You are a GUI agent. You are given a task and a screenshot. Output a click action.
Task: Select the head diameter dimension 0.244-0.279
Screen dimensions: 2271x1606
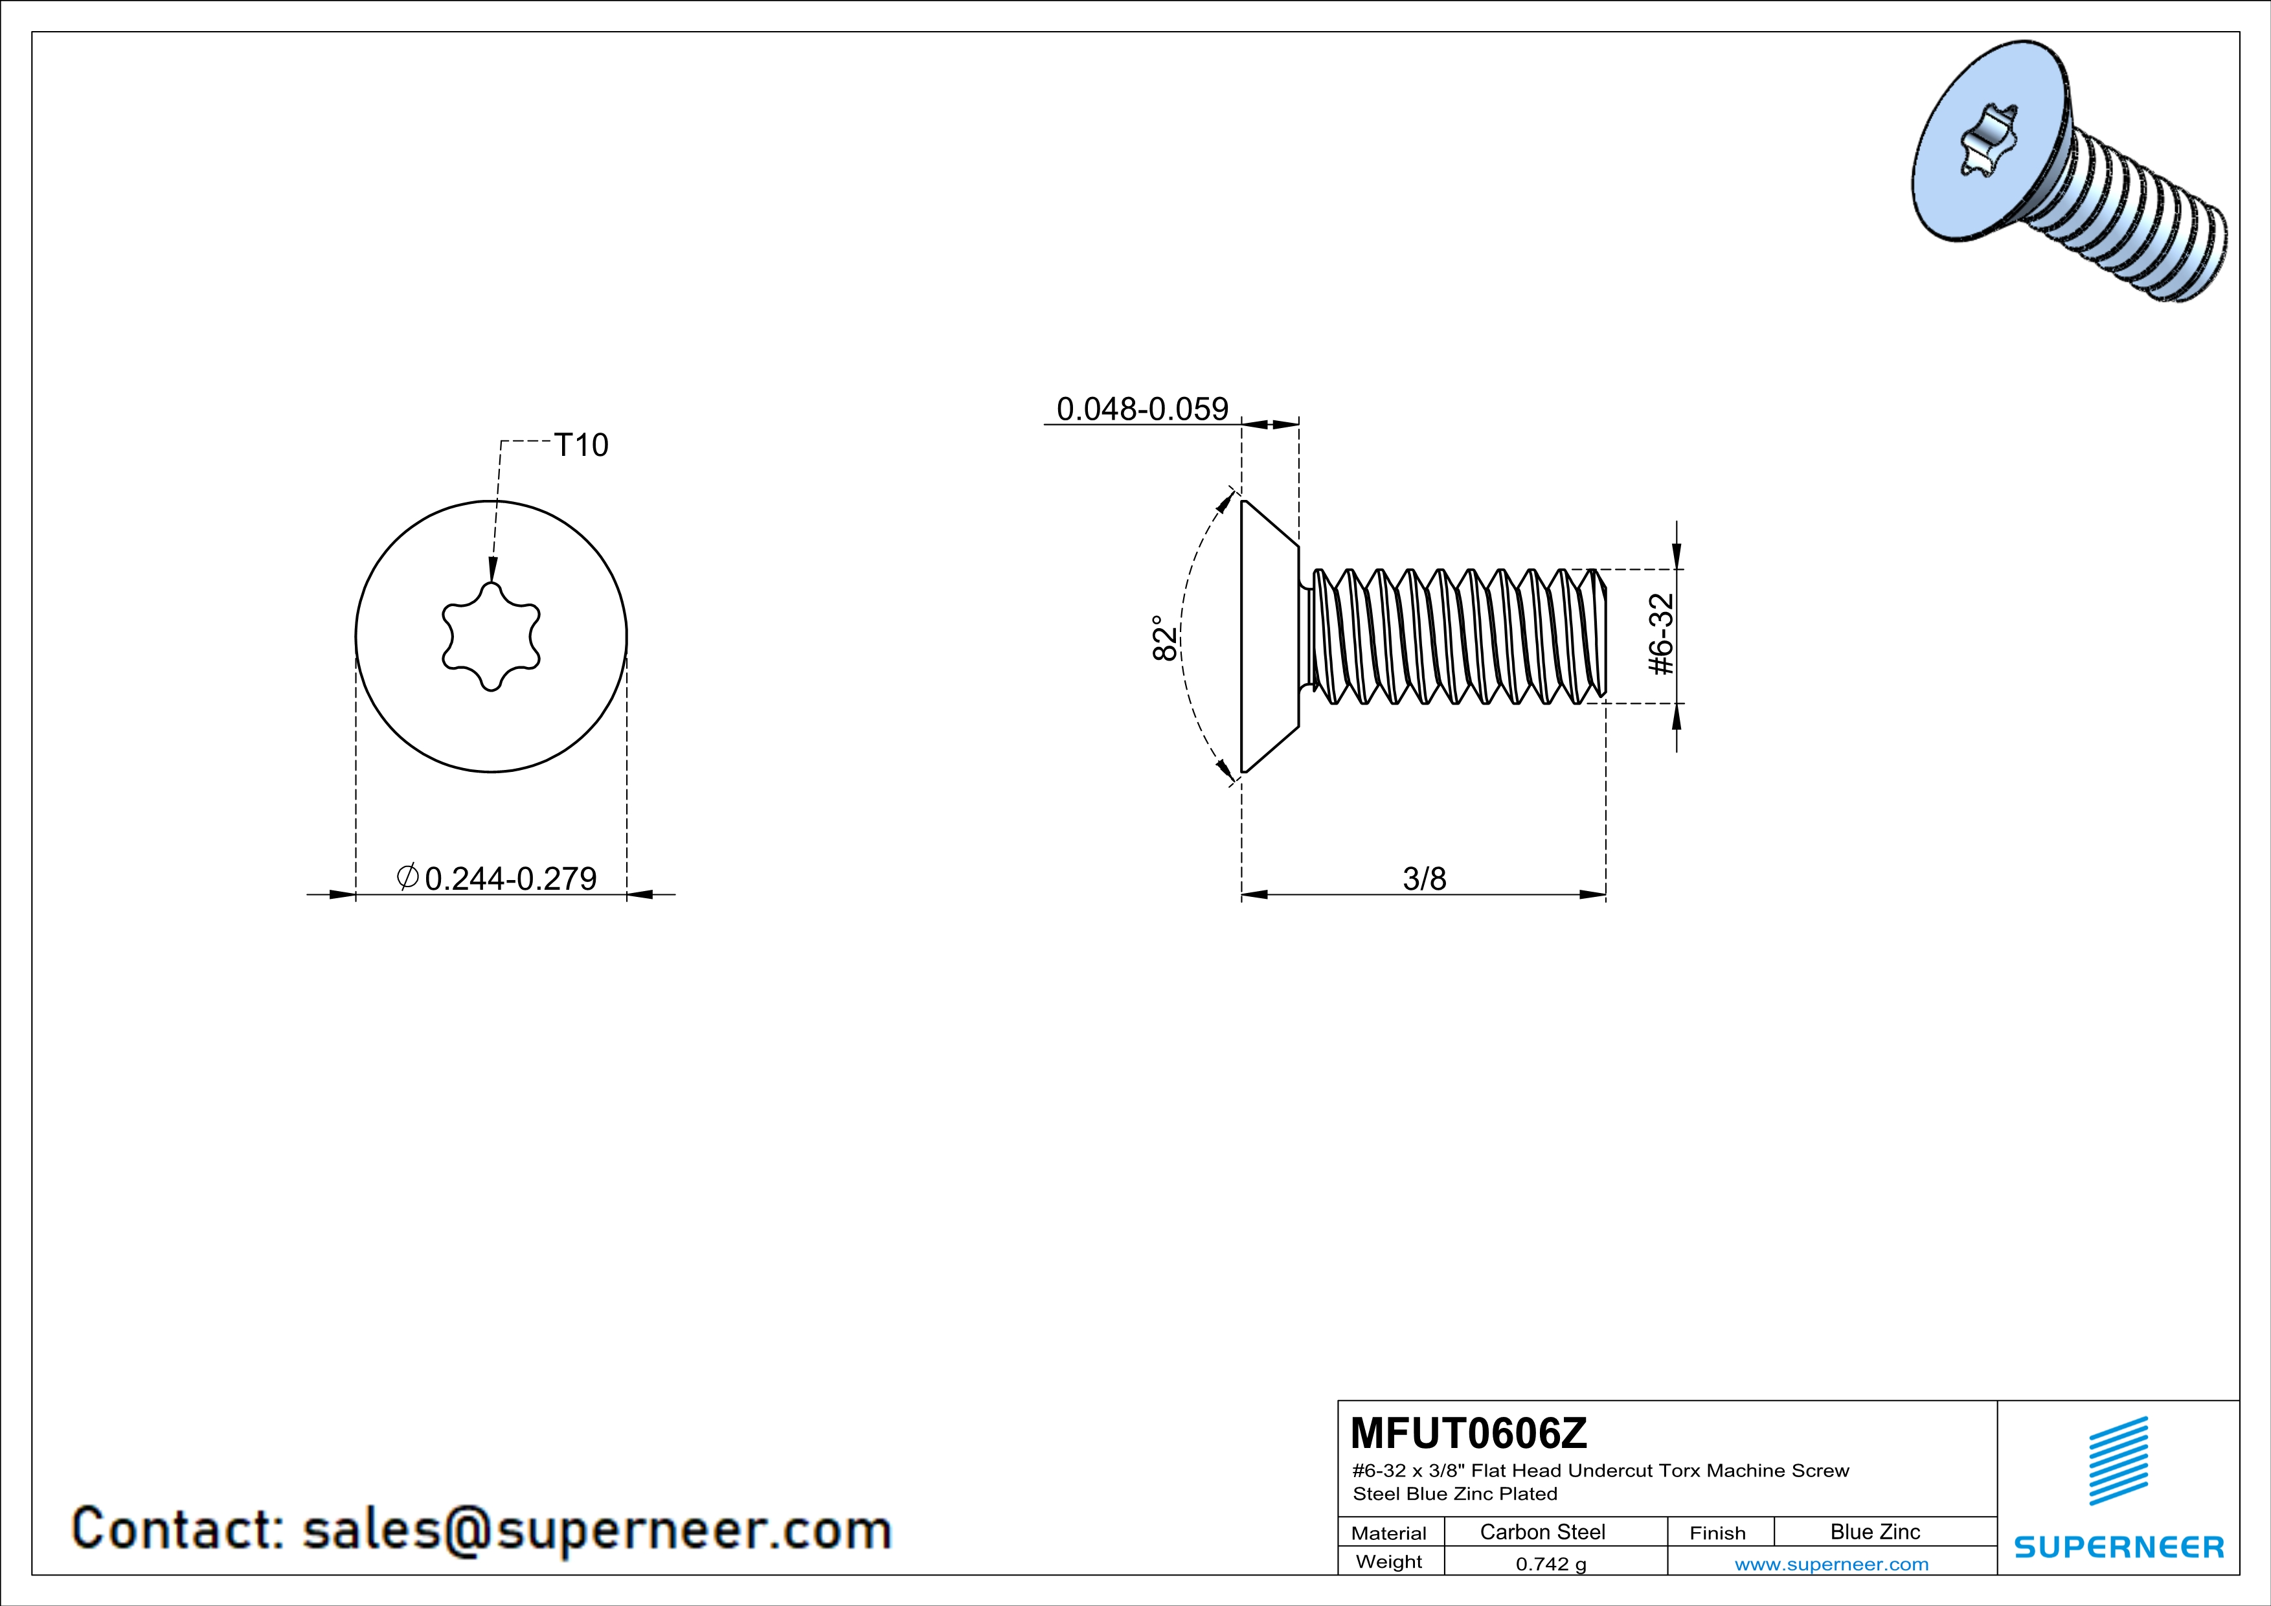pos(510,878)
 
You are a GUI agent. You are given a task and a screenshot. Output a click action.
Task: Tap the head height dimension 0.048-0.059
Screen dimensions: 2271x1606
pos(1142,409)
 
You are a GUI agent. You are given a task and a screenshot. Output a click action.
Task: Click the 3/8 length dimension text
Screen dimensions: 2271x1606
pos(1425,878)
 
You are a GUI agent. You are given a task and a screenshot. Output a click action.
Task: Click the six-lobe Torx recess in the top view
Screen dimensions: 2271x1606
pos(491,636)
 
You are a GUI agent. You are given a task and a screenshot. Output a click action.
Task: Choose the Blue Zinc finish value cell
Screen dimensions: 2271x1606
pos(1875,1532)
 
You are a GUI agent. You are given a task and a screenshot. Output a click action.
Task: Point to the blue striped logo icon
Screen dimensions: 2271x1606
pos(2119,1461)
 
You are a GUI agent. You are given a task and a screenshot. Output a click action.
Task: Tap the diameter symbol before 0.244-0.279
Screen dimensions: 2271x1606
pos(407,876)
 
